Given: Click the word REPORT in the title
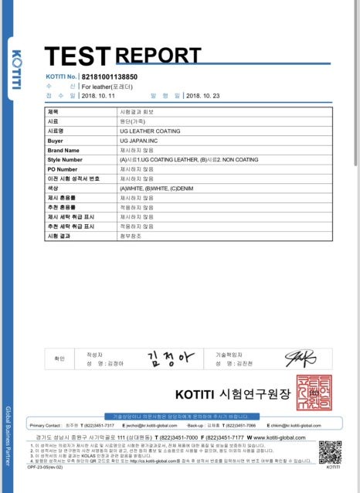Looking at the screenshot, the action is click(158, 55).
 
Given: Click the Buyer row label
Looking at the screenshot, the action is click(55, 141).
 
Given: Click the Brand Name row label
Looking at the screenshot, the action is click(63, 150).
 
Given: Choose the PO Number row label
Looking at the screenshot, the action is click(63, 168).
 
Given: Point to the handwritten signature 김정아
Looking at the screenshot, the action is click(167, 357).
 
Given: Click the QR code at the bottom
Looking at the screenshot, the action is click(330, 450).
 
